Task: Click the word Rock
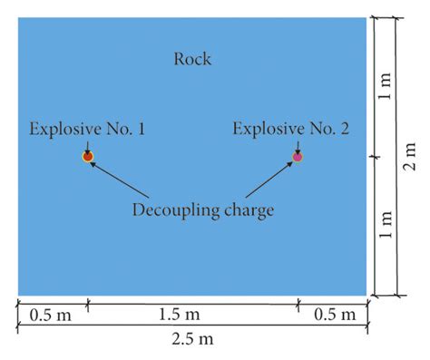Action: (x=192, y=60)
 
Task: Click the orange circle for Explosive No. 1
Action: (x=88, y=157)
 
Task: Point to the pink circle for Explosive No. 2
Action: (x=298, y=157)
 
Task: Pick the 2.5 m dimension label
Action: (x=192, y=340)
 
